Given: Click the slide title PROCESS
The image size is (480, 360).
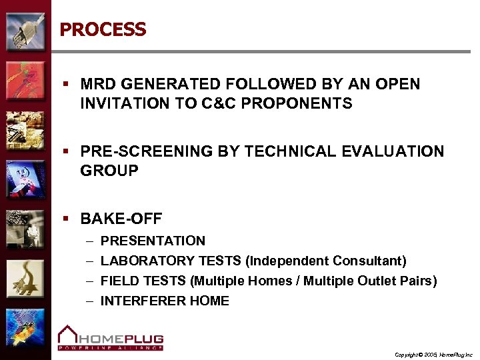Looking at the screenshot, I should [103, 30].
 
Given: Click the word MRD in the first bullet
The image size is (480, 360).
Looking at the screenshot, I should [97, 85].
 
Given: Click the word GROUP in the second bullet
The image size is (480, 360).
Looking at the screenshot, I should [109, 171].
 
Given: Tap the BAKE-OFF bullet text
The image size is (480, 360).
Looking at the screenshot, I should [121, 219].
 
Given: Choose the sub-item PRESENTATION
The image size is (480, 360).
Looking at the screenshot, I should [153, 241].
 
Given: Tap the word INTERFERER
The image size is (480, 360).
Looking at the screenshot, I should [134, 301].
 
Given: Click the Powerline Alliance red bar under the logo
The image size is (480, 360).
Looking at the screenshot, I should [110, 347].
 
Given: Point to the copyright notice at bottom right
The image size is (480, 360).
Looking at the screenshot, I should [433, 355].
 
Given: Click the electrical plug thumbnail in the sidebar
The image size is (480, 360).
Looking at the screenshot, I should [25, 31].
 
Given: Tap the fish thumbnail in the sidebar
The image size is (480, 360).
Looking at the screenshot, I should [25, 328].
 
